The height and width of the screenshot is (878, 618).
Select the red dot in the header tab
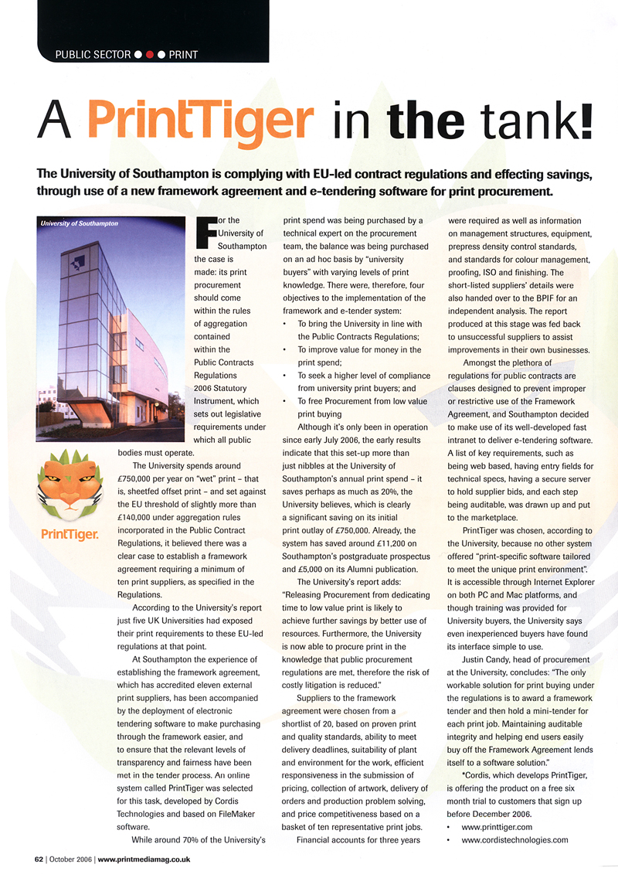(x=149, y=55)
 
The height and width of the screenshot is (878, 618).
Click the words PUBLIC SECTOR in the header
(x=91, y=55)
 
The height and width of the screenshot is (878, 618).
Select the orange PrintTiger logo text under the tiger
(x=71, y=534)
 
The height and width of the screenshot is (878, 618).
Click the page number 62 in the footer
(x=39, y=859)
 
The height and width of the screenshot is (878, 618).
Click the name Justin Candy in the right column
(x=488, y=661)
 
